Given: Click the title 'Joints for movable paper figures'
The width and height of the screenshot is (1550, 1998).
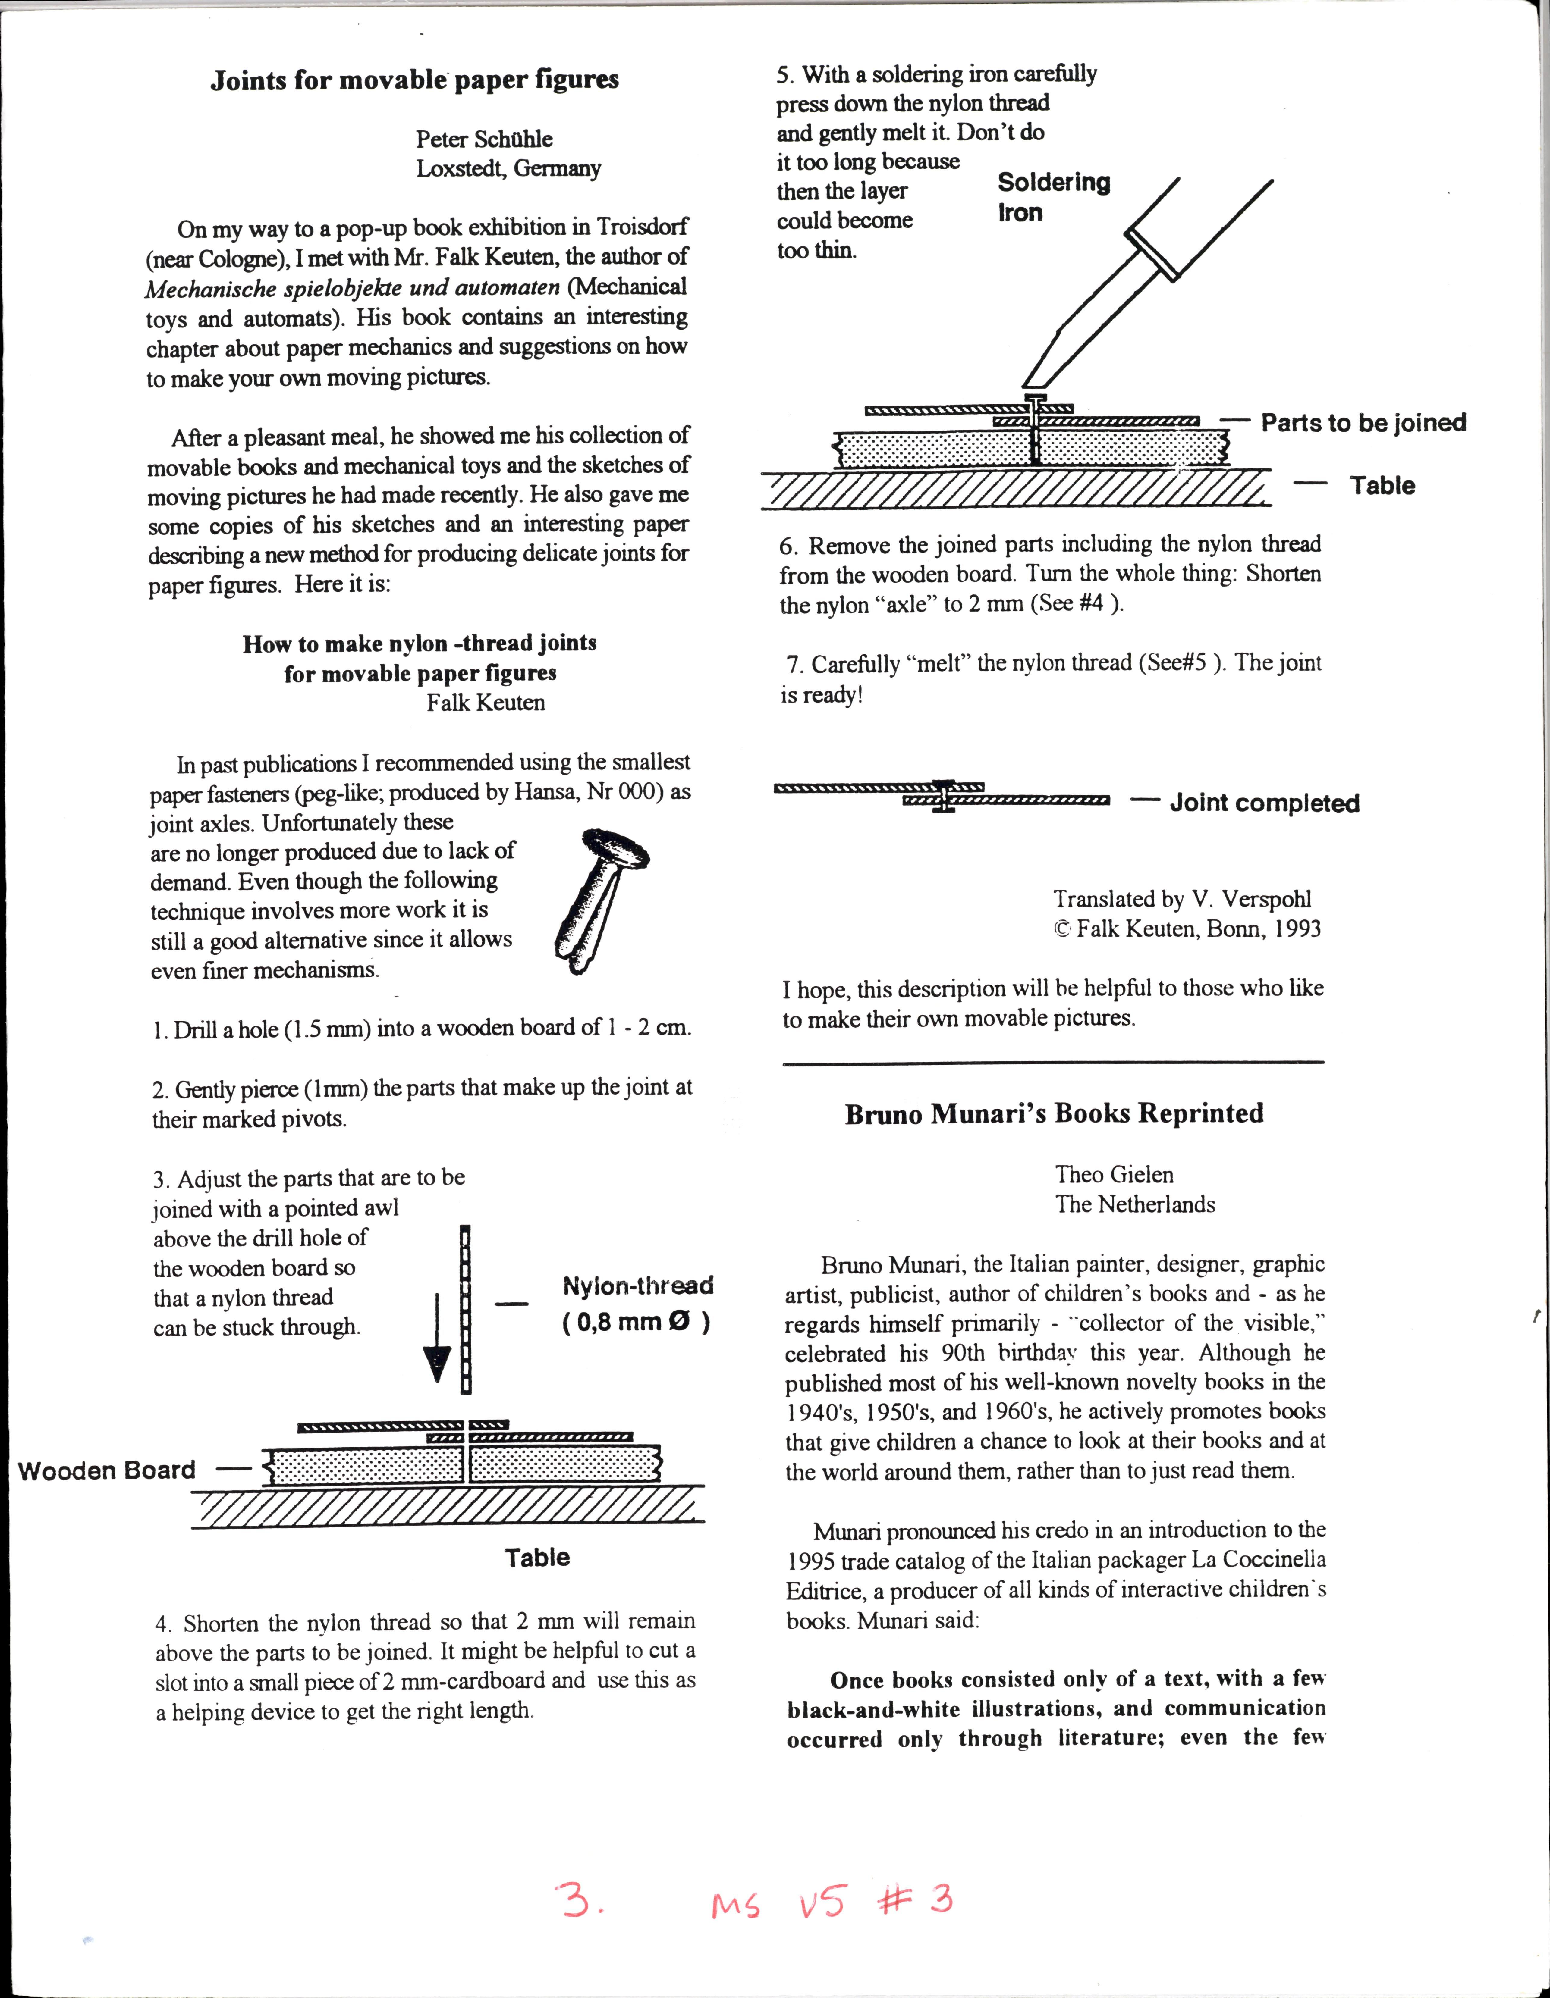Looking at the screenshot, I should click(414, 80).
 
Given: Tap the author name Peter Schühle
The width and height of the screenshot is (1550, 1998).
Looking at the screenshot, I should click(484, 139).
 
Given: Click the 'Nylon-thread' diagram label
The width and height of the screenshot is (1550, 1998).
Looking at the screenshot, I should click(638, 1285).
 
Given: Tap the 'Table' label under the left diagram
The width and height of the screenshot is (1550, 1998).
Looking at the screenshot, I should click(537, 1557).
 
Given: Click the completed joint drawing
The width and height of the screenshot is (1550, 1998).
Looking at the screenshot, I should click(942, 796).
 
